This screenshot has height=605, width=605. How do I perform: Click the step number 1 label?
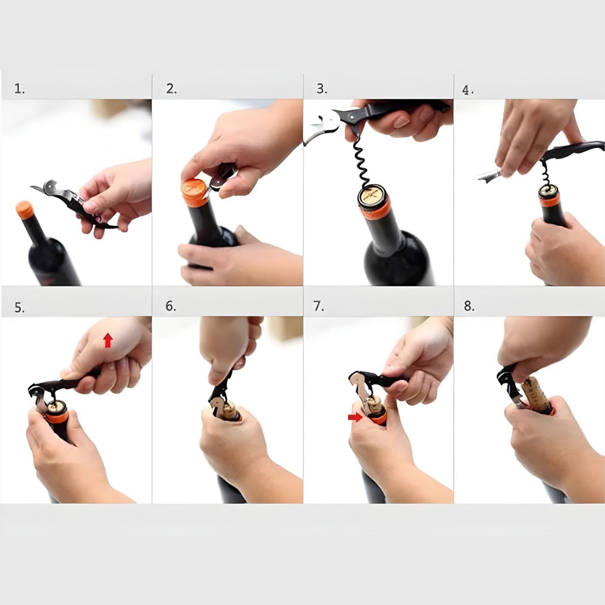click(x=19, y=89)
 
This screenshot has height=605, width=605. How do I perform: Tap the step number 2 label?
click(x=171, y=89)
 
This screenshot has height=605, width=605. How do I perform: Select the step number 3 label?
click(x=322, y=89)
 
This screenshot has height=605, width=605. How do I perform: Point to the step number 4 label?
click(x=467, y=90)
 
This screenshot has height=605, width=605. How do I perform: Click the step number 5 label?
click(x=19, y=308)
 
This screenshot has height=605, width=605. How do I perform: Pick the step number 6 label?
click(x=171, y=306)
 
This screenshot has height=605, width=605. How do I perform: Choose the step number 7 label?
click(x=319, y=306)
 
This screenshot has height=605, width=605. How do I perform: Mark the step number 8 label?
click(x=469, y=306)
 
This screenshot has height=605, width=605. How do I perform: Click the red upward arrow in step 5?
click(x=108, y=340)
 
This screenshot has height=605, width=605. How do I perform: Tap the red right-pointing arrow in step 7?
click(x=355, y=417)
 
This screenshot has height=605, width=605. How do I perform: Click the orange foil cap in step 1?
click(x=24, y=210)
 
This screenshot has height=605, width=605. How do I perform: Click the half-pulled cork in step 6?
click(x=230, y=411)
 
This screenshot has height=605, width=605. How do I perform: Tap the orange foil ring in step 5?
click(x=57, y=417)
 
